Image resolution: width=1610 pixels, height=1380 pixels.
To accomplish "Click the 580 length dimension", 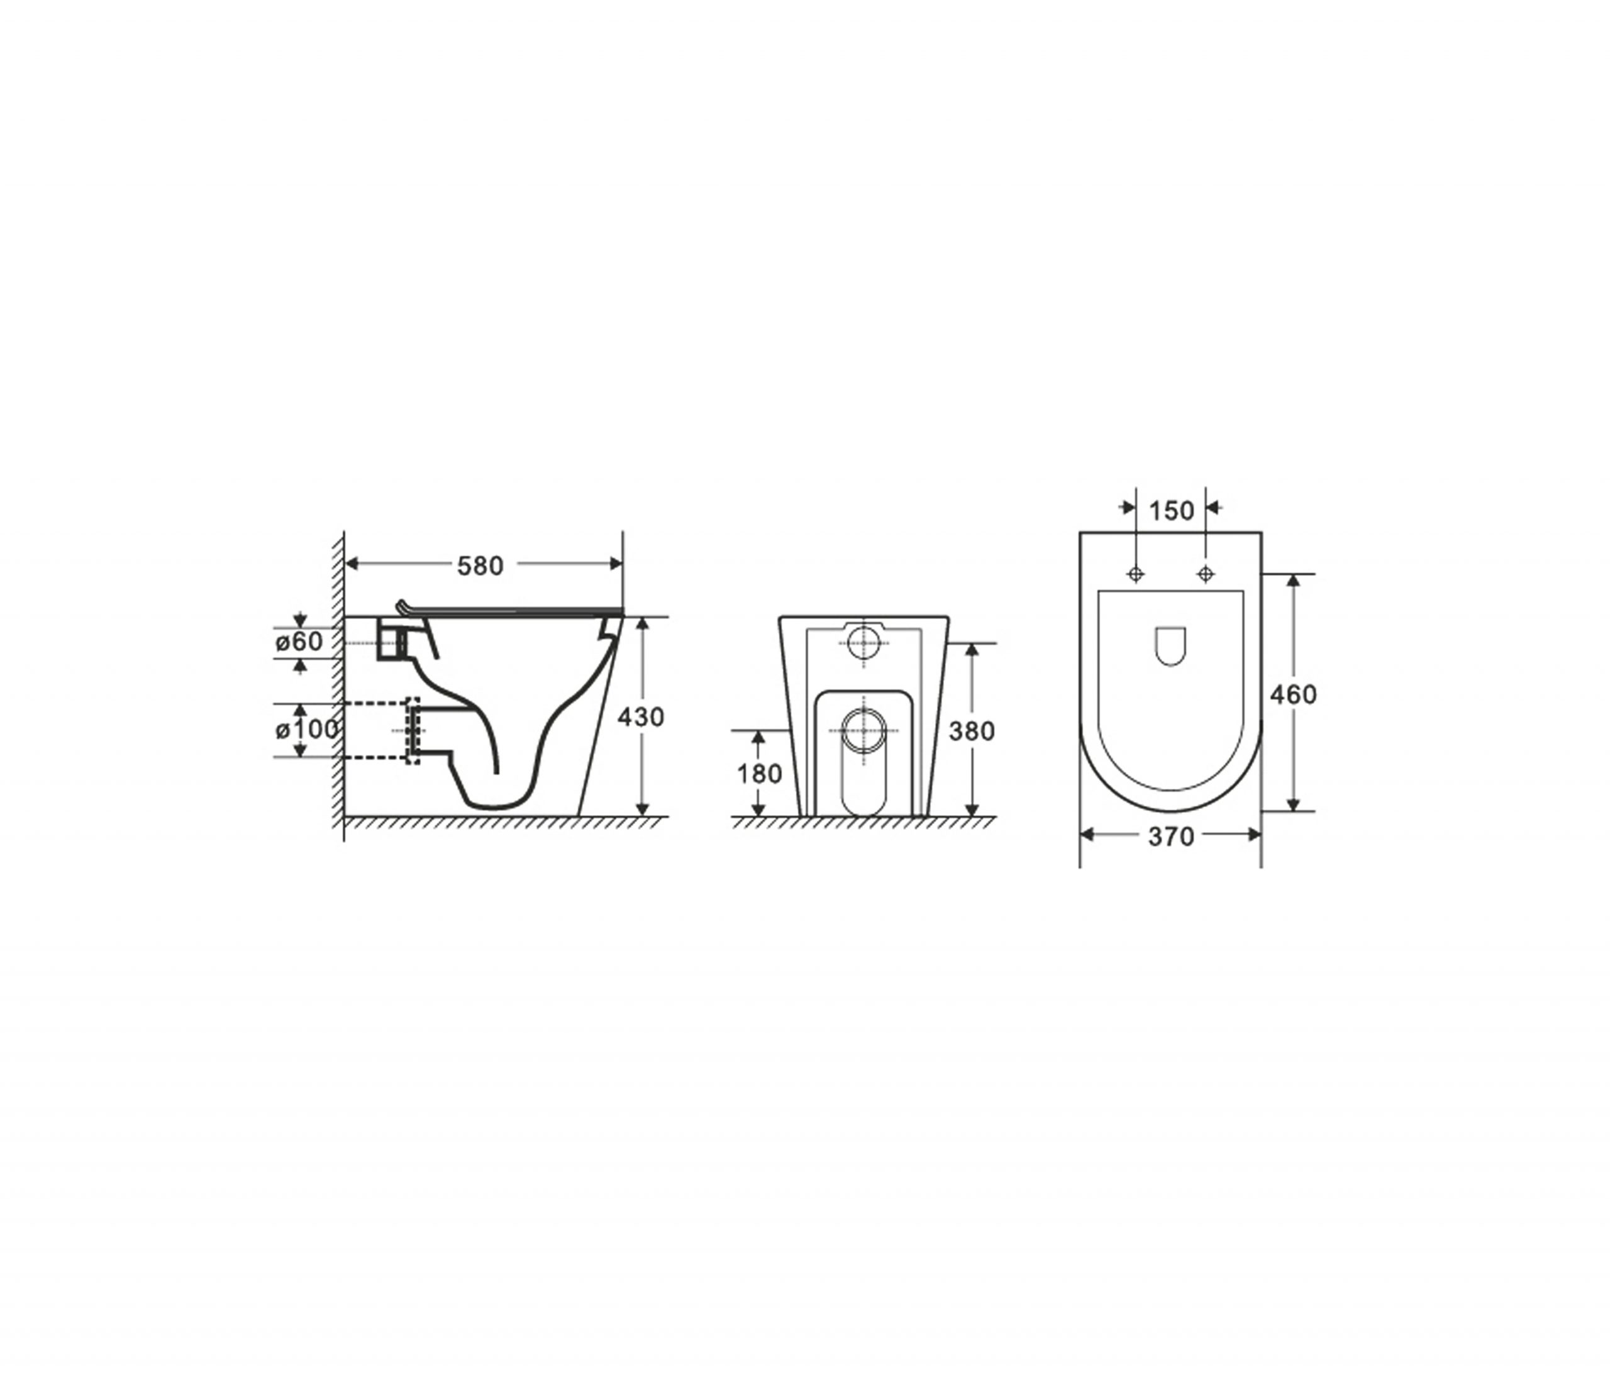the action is (x=480, y=565).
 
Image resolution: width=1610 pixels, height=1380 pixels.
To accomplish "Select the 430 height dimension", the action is (x=641, y=716).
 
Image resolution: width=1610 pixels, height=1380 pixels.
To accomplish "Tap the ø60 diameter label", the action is (x=298, y=642).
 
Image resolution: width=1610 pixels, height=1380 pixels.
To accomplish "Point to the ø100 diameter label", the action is (x=307, y=730).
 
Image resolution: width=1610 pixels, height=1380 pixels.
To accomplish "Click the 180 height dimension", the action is (x=759, y=774).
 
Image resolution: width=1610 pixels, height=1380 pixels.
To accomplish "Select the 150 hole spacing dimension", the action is (x=1171, y=511).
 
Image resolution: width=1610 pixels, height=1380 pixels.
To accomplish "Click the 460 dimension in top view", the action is (x=1293, y=694).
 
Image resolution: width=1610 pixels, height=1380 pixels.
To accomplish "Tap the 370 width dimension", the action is (x=1171, y=837).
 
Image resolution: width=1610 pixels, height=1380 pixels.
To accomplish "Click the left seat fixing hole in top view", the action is (x=1136, y=574).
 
